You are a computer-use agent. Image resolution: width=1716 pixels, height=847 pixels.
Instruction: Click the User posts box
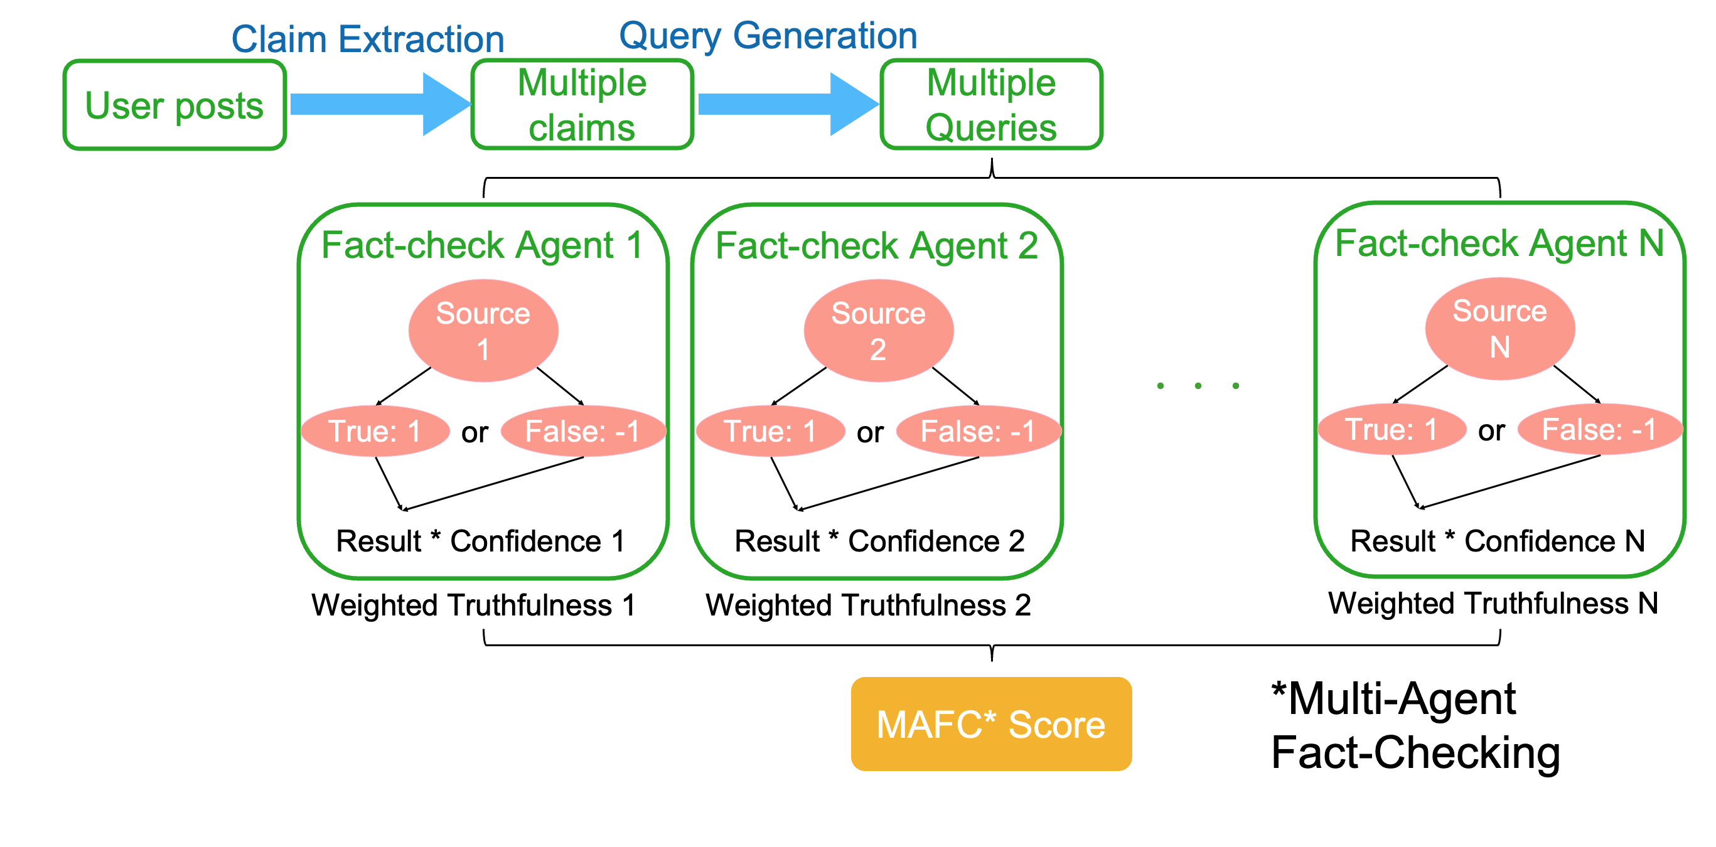pos(174,105)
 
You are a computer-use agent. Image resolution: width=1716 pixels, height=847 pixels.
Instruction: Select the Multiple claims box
pos(582,105)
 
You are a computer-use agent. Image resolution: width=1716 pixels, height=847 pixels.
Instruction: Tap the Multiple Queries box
pos(991,105)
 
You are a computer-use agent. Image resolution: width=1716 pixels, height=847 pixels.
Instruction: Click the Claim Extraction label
pos(368,39)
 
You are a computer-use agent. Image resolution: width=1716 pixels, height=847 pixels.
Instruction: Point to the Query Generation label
pos(768,35)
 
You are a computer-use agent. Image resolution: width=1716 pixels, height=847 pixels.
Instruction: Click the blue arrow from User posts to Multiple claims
pos(380,104)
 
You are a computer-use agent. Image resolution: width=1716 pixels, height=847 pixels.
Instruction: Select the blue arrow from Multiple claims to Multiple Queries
pos(788,104)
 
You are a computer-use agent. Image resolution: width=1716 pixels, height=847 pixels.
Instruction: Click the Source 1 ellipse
pos(483,330)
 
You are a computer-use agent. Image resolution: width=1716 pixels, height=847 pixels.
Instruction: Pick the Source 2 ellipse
pos(879,330)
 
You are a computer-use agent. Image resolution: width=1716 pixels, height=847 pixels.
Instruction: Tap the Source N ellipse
pos(1500,328)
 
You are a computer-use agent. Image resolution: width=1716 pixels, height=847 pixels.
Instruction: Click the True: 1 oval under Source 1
pos(375,431)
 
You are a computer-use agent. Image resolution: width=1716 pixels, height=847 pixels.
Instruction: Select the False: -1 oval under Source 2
pos(979,431)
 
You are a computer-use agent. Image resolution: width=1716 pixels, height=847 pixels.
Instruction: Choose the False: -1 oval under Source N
pos(1600,429)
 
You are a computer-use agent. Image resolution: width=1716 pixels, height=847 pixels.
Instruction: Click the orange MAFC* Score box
pos(991,724)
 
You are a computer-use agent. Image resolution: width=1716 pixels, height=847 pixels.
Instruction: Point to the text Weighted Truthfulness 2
pos(868,605)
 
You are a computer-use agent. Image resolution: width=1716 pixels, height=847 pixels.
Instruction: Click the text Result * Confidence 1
pos(480,541)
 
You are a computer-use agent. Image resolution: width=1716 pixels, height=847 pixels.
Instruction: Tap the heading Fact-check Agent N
pos(1499,243)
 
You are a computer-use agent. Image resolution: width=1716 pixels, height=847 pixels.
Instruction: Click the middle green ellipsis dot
pos(1198,386)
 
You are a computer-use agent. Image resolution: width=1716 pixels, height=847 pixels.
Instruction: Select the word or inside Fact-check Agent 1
pos(475,433)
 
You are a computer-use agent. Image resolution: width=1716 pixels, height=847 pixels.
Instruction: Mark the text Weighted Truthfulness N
pos(1493,604)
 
